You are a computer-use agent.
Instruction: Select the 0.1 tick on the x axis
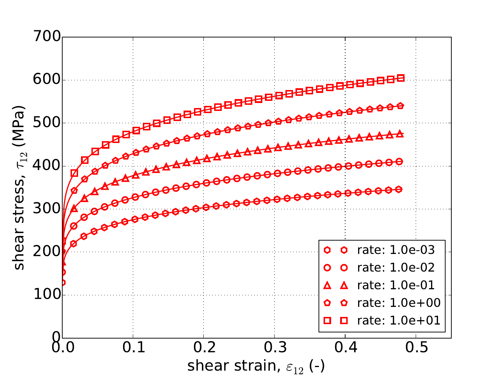[133, 348]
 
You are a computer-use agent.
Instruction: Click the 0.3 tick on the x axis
[275, 348]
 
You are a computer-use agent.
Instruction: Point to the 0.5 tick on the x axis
[416, 348]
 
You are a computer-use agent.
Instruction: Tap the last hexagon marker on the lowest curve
[399, 189]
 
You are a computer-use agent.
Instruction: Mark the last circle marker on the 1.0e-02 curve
[399, 162]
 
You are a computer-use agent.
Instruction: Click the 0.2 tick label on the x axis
[204, 348]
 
